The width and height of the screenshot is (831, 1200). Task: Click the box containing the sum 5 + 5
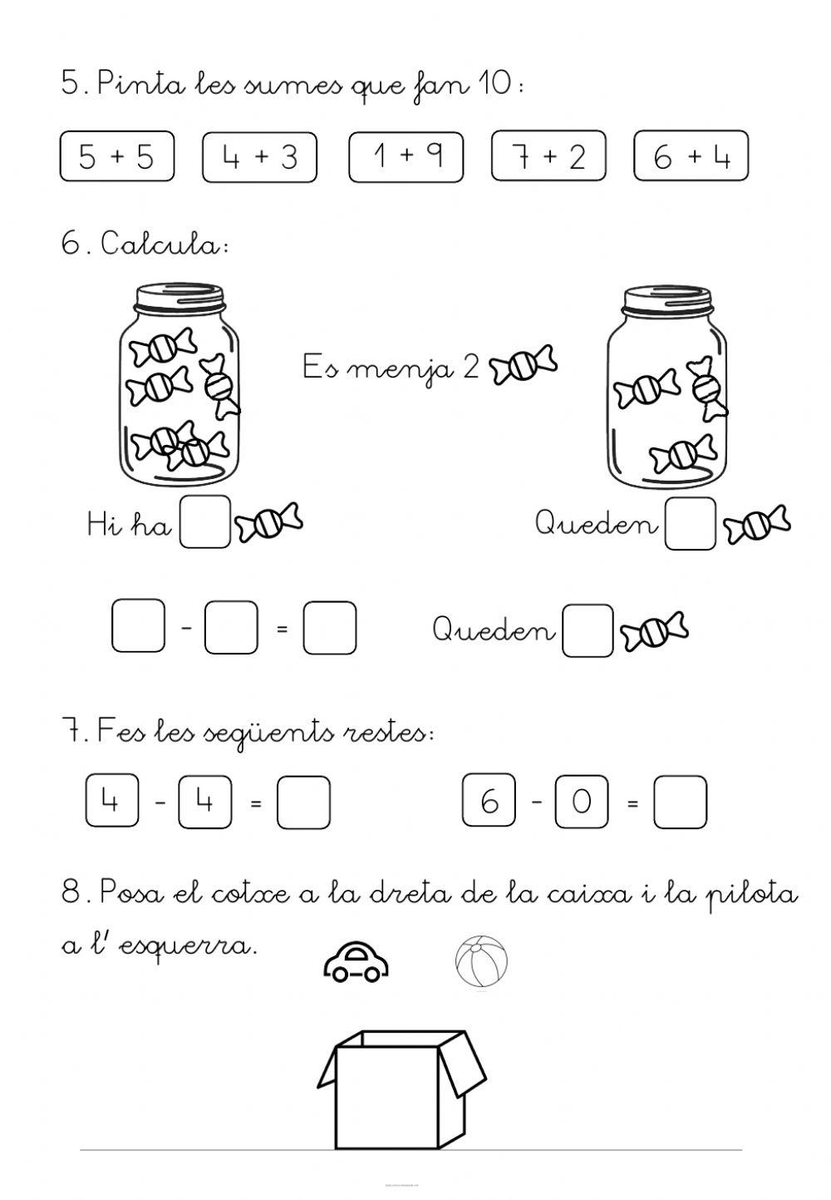click(x=116, y=156)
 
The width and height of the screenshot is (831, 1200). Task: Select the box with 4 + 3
click(x=259, y=156)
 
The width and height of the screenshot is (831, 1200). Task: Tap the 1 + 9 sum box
click(x=406, y=156)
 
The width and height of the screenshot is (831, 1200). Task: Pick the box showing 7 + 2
click(x=548, y=156)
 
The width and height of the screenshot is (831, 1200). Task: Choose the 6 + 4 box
click(x=691, y=156)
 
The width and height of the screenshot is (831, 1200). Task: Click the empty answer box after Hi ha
click(x=205, y=522)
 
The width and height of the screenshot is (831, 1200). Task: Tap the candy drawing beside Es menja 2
click(x=524, y=366)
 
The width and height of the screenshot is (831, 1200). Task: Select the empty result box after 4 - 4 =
click(x=303, y=802)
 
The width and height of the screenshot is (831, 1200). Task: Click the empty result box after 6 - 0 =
click(x=680, y=802)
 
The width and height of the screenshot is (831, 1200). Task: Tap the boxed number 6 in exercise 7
click(x=489, y=801)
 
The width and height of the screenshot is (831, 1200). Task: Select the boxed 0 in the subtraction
click(x=582, y=801)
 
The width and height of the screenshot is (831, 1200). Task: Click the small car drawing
click(x=356, y=963)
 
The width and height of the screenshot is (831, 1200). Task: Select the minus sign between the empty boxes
click(x=186, y=628)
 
